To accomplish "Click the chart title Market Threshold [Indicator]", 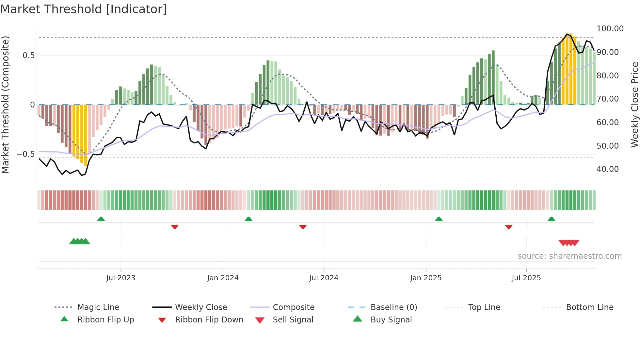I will (x=84, y=9).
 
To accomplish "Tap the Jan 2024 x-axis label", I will (x=223, y=278).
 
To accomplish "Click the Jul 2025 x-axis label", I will (x=526, y=278).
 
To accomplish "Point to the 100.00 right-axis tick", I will (x=610, y=29).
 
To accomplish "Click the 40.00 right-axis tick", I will (x=607, y=169).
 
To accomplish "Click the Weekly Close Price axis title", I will (x=634, y=105).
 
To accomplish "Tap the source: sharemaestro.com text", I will (x=569, y=256).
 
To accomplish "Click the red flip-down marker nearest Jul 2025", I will (x=508, y=227).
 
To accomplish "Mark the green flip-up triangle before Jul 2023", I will (x=101, y=219).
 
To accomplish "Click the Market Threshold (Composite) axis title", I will (x=5, y=105).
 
